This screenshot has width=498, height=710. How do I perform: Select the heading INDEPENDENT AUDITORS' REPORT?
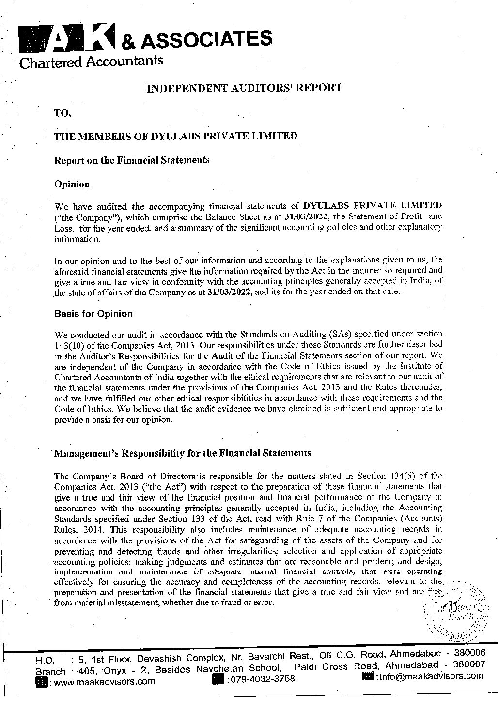tap(244, 88)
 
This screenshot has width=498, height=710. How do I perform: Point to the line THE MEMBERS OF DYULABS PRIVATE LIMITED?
tap(175, 136)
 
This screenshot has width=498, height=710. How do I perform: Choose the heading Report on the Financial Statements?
tap(132, 160)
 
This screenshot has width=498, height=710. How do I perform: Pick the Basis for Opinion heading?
tap(93, 314)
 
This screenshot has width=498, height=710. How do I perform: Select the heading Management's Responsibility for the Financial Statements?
tap(182, 454)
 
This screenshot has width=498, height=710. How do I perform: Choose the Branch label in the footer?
tap(51, 672)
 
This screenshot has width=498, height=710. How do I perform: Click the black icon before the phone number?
tap(218, 679)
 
